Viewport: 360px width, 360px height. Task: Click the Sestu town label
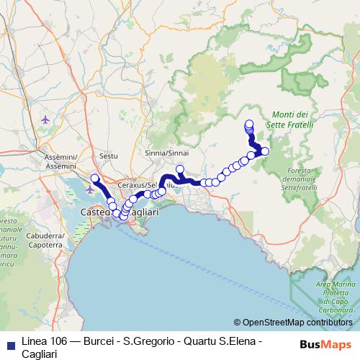pyautogui.click(x=109, y=156)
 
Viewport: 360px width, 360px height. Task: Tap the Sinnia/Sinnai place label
pyautogui.click(x=166, y=153)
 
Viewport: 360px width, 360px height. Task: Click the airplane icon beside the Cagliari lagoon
pyautogui.click(x=89, y=189)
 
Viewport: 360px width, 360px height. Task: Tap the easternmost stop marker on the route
pyautogui.click(x=265, y=151)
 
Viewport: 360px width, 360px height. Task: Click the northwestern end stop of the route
pyautogui.click(x=94, y=177)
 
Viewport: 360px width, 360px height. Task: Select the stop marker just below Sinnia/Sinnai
pyautogui.click(x=180, y=170)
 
